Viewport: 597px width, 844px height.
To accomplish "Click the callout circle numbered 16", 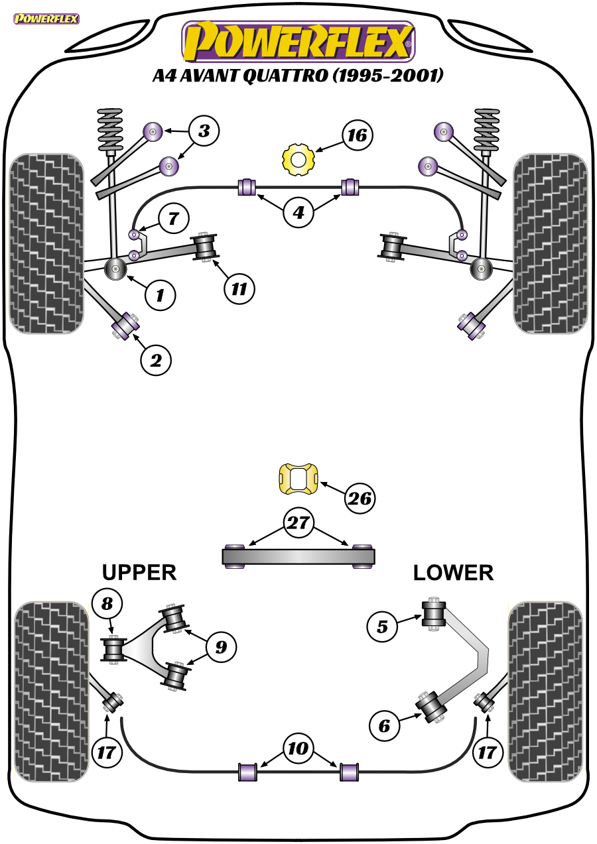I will [x=357, y=136].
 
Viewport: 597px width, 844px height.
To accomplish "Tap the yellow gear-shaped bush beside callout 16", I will [x=298, y=159].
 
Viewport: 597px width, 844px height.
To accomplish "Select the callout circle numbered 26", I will [x=359, y=498].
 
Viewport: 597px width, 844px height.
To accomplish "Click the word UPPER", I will [x=139, y=572].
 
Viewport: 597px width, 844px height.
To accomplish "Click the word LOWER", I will [x=453, y=572].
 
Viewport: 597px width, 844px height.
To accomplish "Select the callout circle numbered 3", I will [x=204, y=131].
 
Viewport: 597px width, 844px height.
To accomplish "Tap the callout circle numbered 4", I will [x=298, y=213].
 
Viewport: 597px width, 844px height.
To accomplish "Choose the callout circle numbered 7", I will [x=172, y=217].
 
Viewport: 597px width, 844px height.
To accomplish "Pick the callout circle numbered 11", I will [x=238, y=288].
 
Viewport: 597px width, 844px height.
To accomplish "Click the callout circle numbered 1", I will [x=160, y=294].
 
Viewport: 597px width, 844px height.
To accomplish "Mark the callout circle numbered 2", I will [x=156, y=360].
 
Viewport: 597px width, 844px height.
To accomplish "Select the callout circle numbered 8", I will [x=107, y=603].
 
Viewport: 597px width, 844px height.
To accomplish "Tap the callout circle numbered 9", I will [x=221, y=646].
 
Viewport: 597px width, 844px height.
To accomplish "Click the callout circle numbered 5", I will [x=382, y=626].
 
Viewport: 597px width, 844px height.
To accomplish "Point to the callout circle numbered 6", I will [x=384, y=727].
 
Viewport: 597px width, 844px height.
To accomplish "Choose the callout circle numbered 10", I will [x=298, y=749].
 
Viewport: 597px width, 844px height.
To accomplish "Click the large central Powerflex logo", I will [x=298, y=41].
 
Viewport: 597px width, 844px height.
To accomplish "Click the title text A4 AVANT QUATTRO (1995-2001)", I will [x=298, y=76].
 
